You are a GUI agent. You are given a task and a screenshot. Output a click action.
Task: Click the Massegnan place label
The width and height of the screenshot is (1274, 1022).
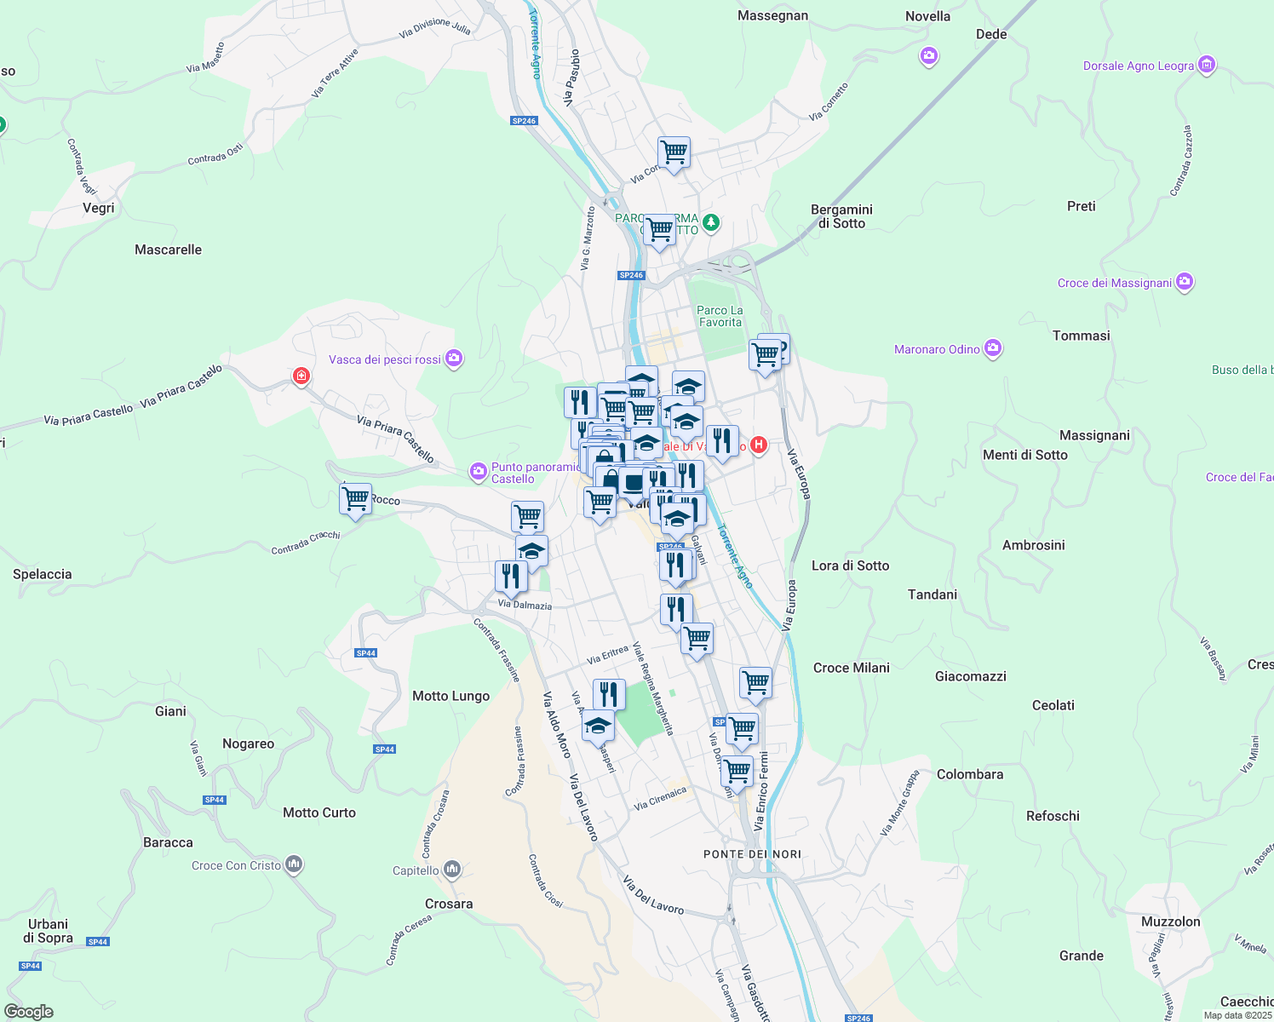coord(772,15)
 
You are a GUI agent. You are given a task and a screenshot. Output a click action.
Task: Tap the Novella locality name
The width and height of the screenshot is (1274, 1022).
coord(927,16)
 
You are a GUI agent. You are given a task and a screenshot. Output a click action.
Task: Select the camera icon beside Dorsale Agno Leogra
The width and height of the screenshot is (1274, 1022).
coord(1206,65)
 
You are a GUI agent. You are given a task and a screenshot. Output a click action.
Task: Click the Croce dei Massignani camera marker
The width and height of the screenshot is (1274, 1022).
coord(1185,282)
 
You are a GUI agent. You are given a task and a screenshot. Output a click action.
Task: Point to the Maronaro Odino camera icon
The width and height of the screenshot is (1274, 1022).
coord(992,348)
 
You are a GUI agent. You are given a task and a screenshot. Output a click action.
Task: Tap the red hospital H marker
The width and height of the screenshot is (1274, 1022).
coord(758,445)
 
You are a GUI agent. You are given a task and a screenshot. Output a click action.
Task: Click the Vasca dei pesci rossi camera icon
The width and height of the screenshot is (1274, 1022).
coord(454,359)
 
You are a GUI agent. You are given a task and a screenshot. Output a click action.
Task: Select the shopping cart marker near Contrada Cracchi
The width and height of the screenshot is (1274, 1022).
coord(355,499)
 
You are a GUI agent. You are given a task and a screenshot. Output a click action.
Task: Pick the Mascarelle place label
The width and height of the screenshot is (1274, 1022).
coord(168,250)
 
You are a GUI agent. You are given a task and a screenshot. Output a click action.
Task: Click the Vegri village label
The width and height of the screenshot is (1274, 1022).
coord(99,208)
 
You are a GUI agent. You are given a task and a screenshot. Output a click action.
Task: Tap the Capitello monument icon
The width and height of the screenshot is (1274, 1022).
coord(452,870)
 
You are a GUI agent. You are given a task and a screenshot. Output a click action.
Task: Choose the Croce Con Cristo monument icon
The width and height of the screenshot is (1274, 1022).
coord(294,864)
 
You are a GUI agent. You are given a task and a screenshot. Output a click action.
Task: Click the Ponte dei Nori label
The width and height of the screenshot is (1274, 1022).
coord(752,853)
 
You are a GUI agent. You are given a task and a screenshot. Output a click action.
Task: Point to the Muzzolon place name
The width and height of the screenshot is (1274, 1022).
coord(1170,922)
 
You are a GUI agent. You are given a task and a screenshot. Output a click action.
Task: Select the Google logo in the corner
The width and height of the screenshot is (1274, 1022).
coord(29,1011)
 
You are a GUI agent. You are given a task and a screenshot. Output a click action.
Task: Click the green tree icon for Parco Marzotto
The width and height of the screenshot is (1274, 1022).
coord(711,223)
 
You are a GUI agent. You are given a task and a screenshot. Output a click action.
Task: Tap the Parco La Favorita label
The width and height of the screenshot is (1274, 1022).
coord(720,316)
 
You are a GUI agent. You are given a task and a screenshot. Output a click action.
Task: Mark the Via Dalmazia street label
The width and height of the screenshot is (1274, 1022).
coord(525,605)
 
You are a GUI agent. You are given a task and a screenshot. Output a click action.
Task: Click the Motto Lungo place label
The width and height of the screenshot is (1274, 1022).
coord(450,696)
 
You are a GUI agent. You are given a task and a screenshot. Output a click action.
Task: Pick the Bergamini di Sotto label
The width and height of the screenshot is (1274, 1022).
coord(841,216)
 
